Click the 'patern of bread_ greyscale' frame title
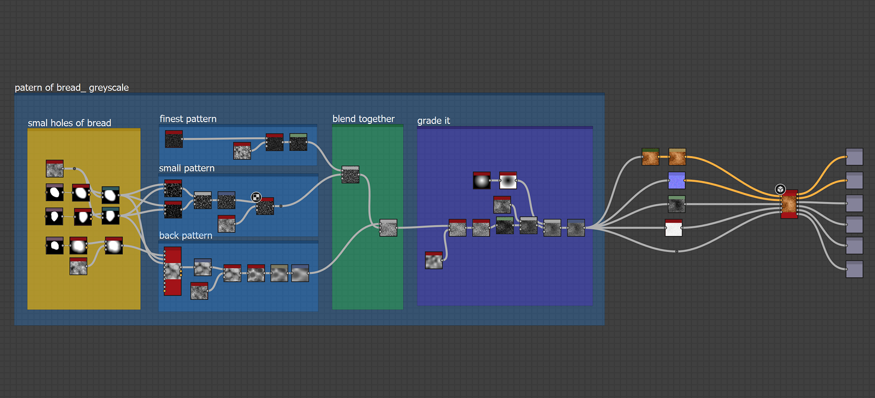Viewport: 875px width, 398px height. point(72,87)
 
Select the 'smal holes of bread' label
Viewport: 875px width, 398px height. point(69,123)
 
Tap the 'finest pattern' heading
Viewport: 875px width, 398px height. point(188,119)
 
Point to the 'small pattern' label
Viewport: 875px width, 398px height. point(186,168)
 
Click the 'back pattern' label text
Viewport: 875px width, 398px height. point(185,235)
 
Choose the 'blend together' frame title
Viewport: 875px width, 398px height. point(363,119)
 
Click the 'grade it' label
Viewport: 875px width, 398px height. point(433,121)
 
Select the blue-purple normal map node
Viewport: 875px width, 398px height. point(677,180)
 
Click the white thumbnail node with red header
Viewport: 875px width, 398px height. point(674,228)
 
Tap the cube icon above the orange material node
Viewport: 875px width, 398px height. point(780,189)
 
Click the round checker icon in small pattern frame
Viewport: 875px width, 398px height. point(256,197)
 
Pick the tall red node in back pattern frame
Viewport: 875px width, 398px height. point(173,271)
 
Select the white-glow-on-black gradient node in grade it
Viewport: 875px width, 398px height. point(482,181)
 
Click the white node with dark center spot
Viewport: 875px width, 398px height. point(508,180)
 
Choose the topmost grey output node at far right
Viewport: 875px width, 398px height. point(854,157)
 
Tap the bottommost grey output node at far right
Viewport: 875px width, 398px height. point(854,269)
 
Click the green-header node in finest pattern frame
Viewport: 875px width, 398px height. point(298,142)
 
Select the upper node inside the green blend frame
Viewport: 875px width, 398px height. point(350,174)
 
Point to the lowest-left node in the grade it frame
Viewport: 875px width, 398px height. point(433,260)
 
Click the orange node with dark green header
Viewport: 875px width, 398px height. point(650,157)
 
